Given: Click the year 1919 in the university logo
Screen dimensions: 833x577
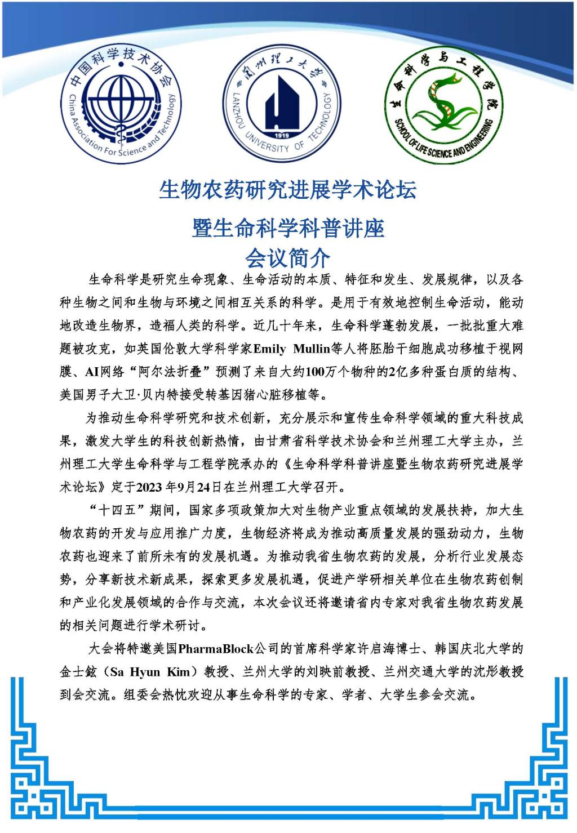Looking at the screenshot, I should [281, 136].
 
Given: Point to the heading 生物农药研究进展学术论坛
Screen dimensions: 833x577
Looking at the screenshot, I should [288, 190].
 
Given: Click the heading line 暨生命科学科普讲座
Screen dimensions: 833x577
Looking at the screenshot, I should [288, 228].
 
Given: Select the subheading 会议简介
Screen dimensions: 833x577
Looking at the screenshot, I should [288, 259].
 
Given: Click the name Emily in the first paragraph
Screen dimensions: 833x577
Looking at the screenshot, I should [269, 349].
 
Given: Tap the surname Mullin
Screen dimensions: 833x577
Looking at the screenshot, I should [312, 349].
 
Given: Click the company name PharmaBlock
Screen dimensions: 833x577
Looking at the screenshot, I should [216, 649].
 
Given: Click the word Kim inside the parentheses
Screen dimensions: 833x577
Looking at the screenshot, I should [179, 672].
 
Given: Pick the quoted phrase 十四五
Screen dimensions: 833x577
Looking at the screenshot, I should [117, 510].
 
